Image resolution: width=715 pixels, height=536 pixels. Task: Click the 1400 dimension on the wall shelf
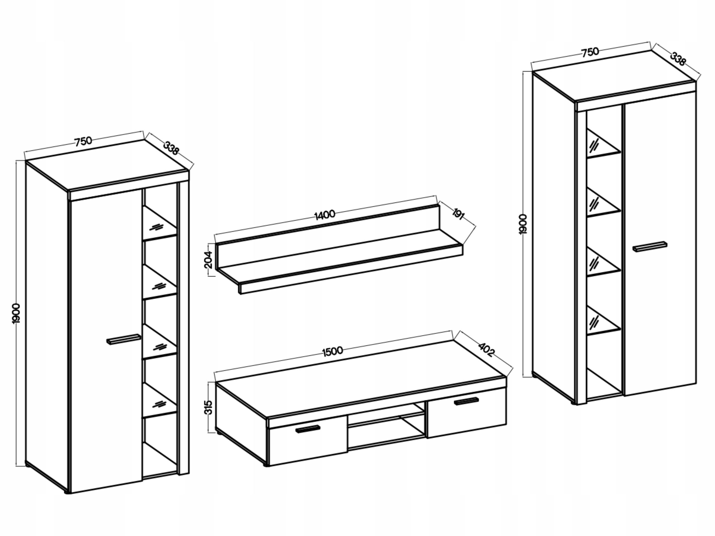click(325, 214)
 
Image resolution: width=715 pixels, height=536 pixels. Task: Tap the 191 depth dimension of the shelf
click(458, 214)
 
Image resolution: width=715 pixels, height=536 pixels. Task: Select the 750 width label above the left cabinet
click(84, 142)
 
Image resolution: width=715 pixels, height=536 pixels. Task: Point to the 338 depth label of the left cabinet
click(171, 148)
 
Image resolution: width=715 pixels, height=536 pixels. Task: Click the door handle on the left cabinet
click(124, 339)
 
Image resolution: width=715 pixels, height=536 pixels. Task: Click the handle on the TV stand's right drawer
click(466, 401)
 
